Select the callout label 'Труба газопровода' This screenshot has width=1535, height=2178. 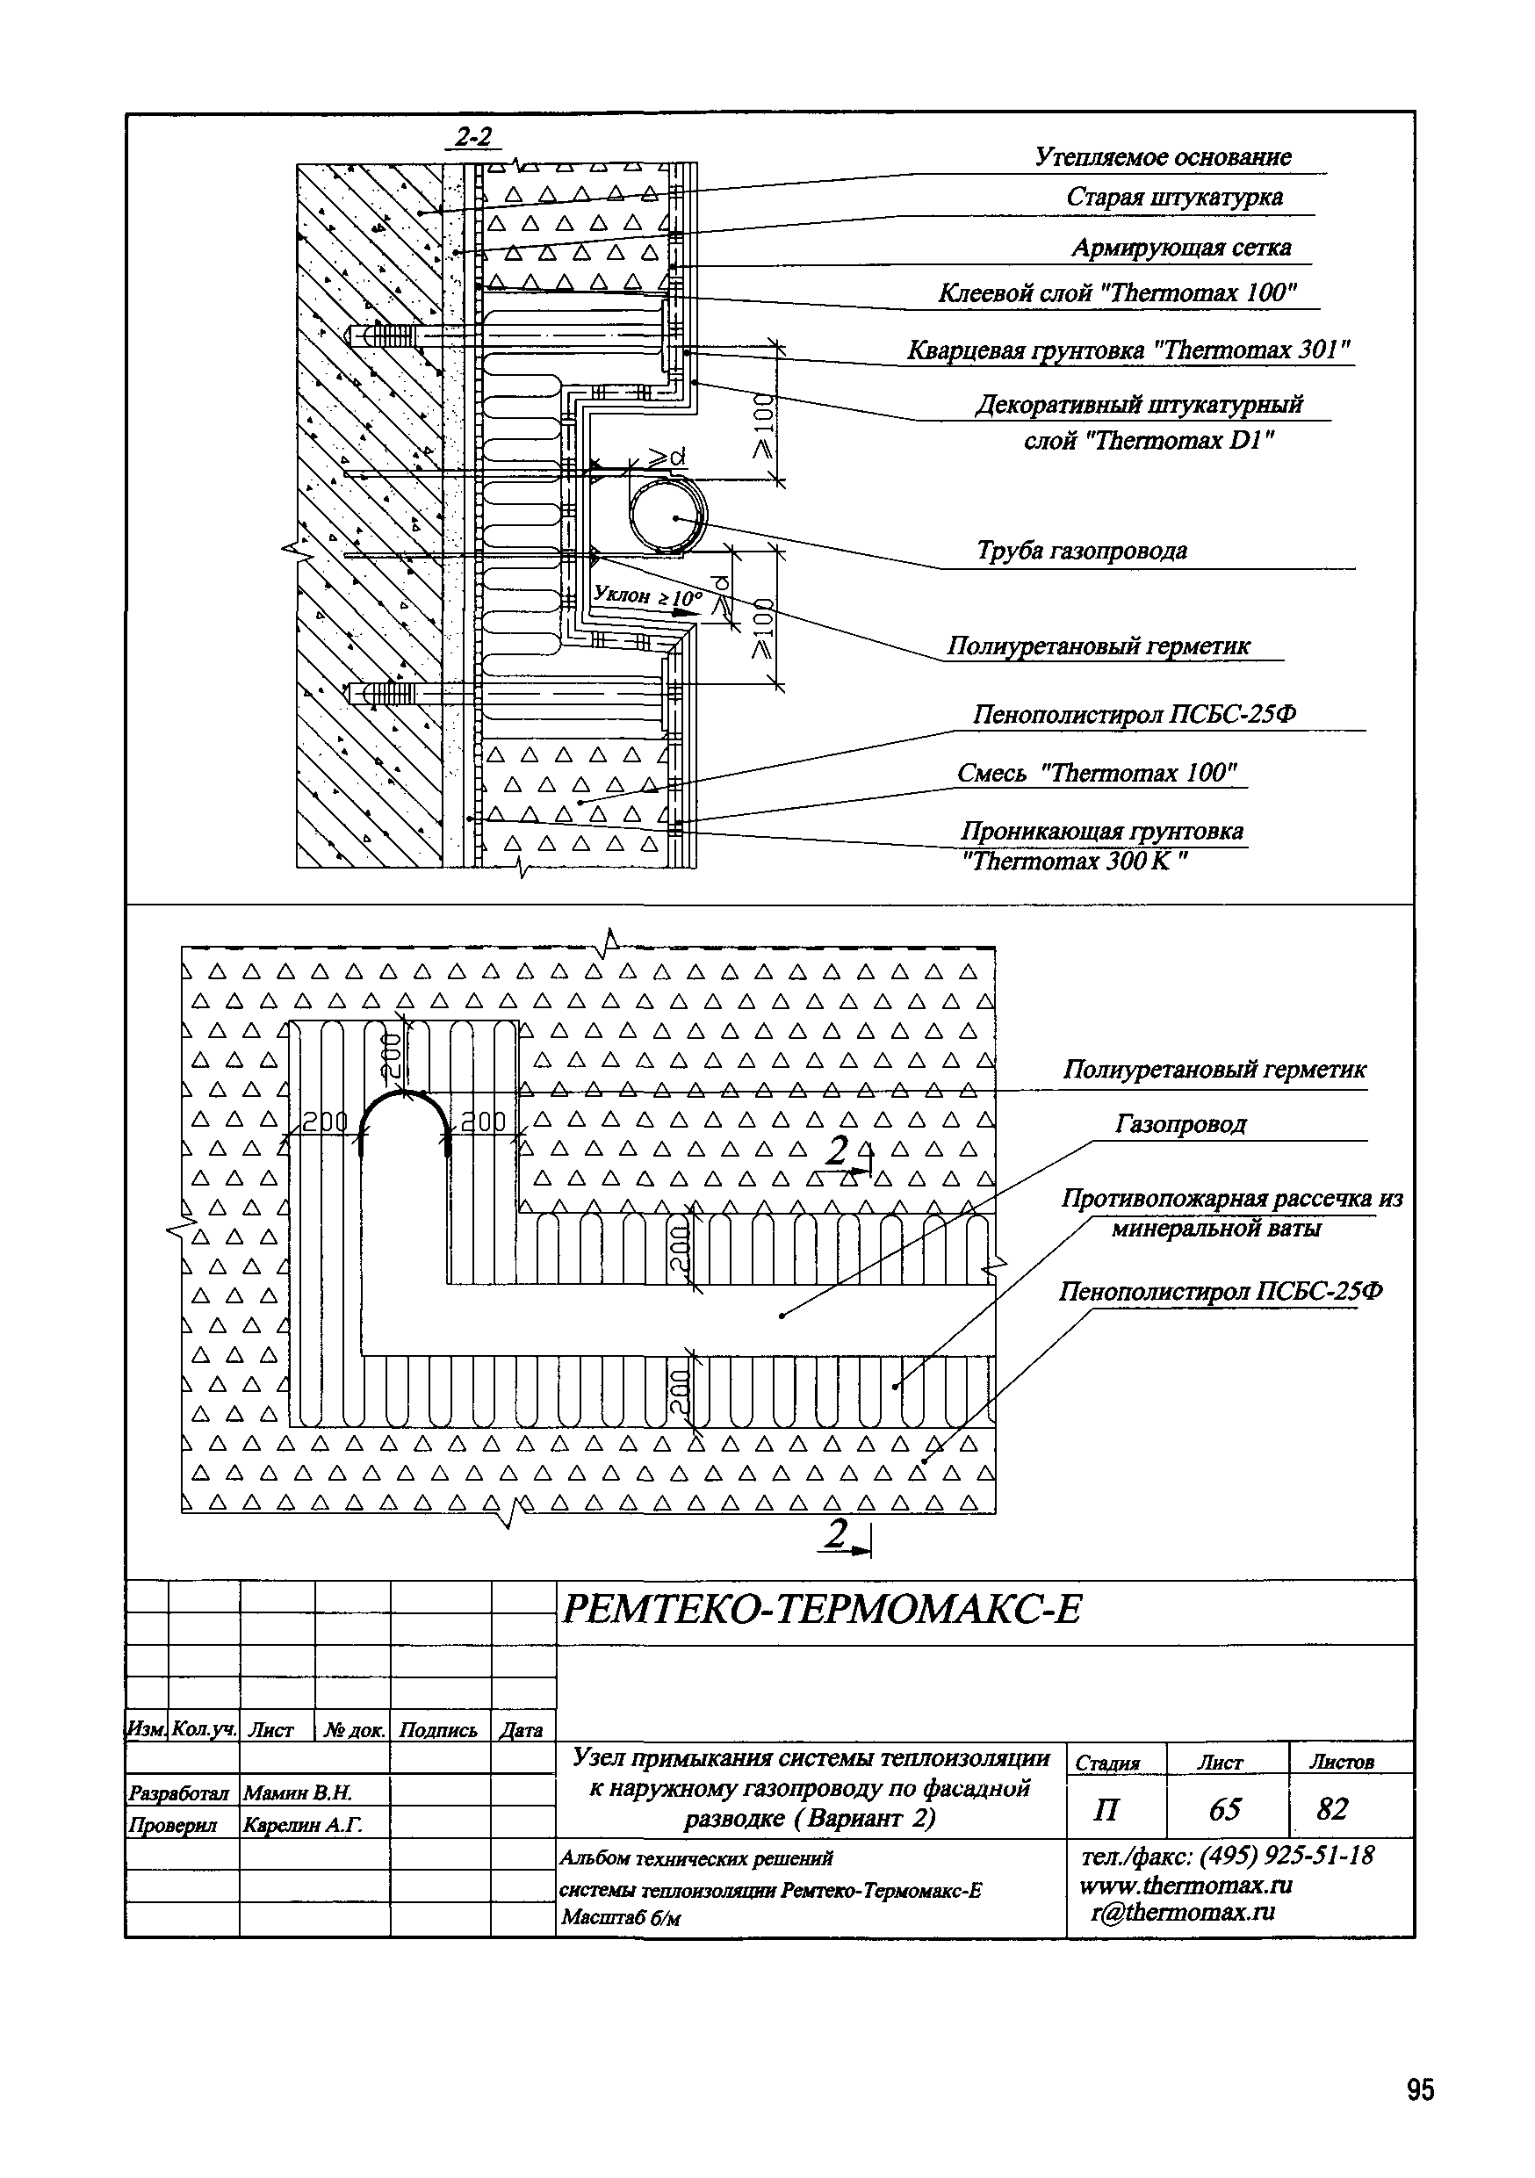pyautogui.click(x=1082, y=550)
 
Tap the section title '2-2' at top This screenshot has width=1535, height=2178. pyautogui.click(x=473, y=137)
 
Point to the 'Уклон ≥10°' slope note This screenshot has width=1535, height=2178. pyautogui.click(x=647, y=596)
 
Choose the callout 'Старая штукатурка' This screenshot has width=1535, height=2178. pyautogui.click(x=1174, y=198)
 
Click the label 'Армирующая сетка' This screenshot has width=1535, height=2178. pyautogui.click(x=1181, y=248)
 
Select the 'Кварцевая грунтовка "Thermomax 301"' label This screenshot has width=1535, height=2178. pyautogui.click(x=1128, y=350)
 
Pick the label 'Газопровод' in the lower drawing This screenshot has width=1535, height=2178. pyautogui.click(x=1180, y=1124)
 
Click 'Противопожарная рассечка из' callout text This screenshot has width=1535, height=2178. pyautogui.click(x=1230, y=1199)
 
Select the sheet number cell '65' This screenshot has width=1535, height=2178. pyautogui.click(x=1225, y=1809)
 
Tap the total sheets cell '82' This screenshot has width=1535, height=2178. pyautogui.click(x=1332, y=1809)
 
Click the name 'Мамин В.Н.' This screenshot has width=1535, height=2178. pyautogui.click(x=297, y=1792)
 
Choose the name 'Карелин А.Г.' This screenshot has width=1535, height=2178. pyautogui.click(x=303, y=1824)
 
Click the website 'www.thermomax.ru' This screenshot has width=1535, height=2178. pyautogui.click(x=1185, y=1885)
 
